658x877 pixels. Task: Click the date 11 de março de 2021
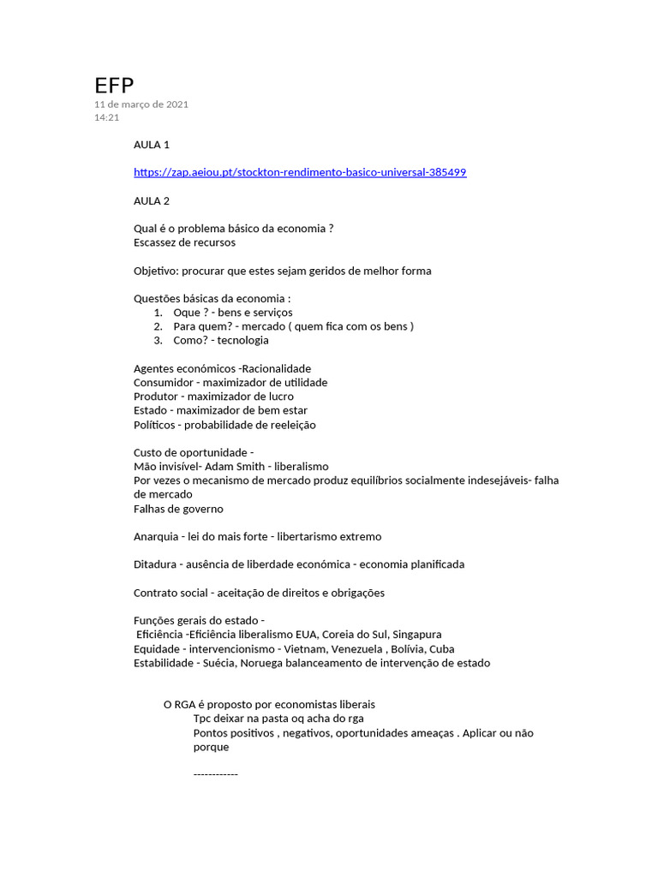(141, 104)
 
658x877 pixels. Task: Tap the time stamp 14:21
(106, 117)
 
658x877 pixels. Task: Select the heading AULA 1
(152, 145)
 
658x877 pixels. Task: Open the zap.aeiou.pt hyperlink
(300, 172)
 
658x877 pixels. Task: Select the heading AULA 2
(152, 200)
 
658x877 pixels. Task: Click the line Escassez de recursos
(184, 242)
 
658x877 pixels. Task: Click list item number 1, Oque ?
(190, 313)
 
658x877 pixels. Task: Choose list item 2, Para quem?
(196, 326)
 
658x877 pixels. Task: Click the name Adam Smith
(234, 466)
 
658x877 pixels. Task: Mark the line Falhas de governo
(178, 509)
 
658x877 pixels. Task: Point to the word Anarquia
(157, 536)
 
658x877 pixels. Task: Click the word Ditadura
(156, 564)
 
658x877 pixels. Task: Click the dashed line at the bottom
(215, 774)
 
